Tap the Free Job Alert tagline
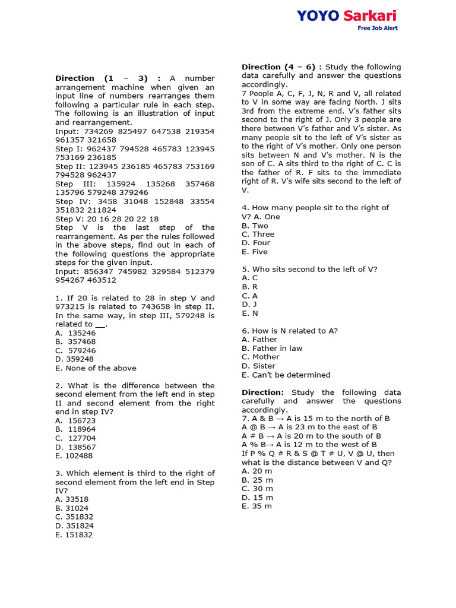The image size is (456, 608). tap(377, 28)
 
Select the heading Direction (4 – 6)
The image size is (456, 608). tap(281, 67)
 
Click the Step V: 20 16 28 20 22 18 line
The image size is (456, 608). tap(107, 218)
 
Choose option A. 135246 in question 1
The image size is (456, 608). tap(75, 333)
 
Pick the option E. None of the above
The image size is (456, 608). tap(96, 368)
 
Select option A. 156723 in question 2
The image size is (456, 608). tap(75, 420)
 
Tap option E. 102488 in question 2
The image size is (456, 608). tap(75, 455)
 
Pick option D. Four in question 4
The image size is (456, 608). tap(256, 243)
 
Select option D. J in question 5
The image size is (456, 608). tap(249, 305)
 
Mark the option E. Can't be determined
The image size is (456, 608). tap(286, 375)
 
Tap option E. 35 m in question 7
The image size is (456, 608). tap(257, 506)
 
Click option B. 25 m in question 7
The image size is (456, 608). tap(257, 480)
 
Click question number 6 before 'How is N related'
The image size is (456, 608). tap(245, 331)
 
